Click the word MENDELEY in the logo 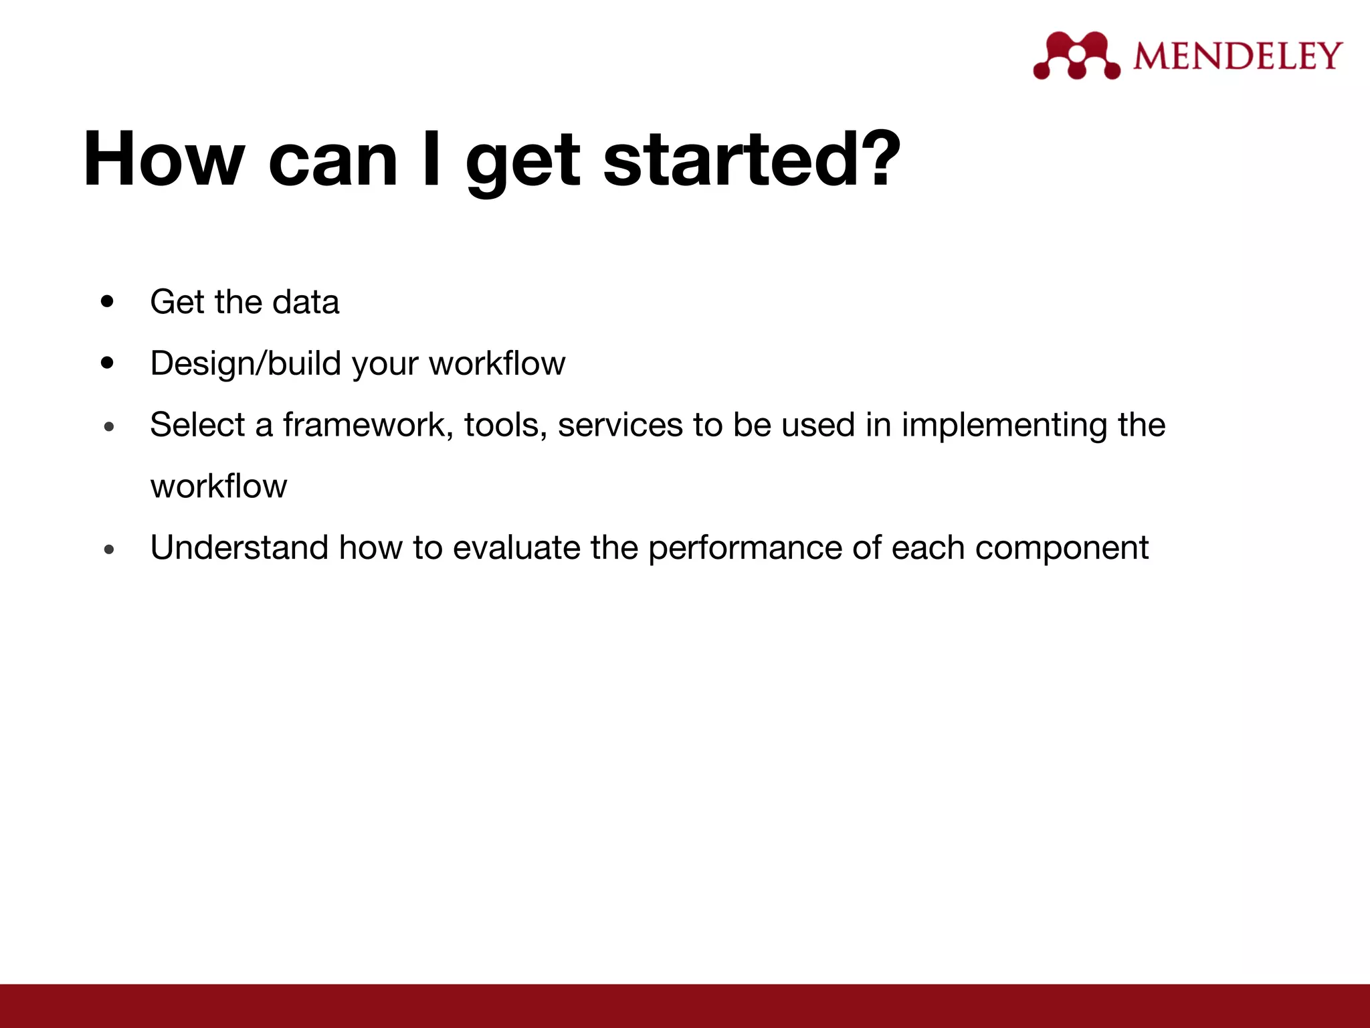pos(1238,56)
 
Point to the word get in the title pos(522,164)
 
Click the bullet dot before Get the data pos(107,302)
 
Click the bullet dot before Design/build pos(107,363)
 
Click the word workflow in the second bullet pos(497,363)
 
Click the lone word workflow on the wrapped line pos(219,486)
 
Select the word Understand pos(239,547)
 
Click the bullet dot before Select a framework pos(110,426)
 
